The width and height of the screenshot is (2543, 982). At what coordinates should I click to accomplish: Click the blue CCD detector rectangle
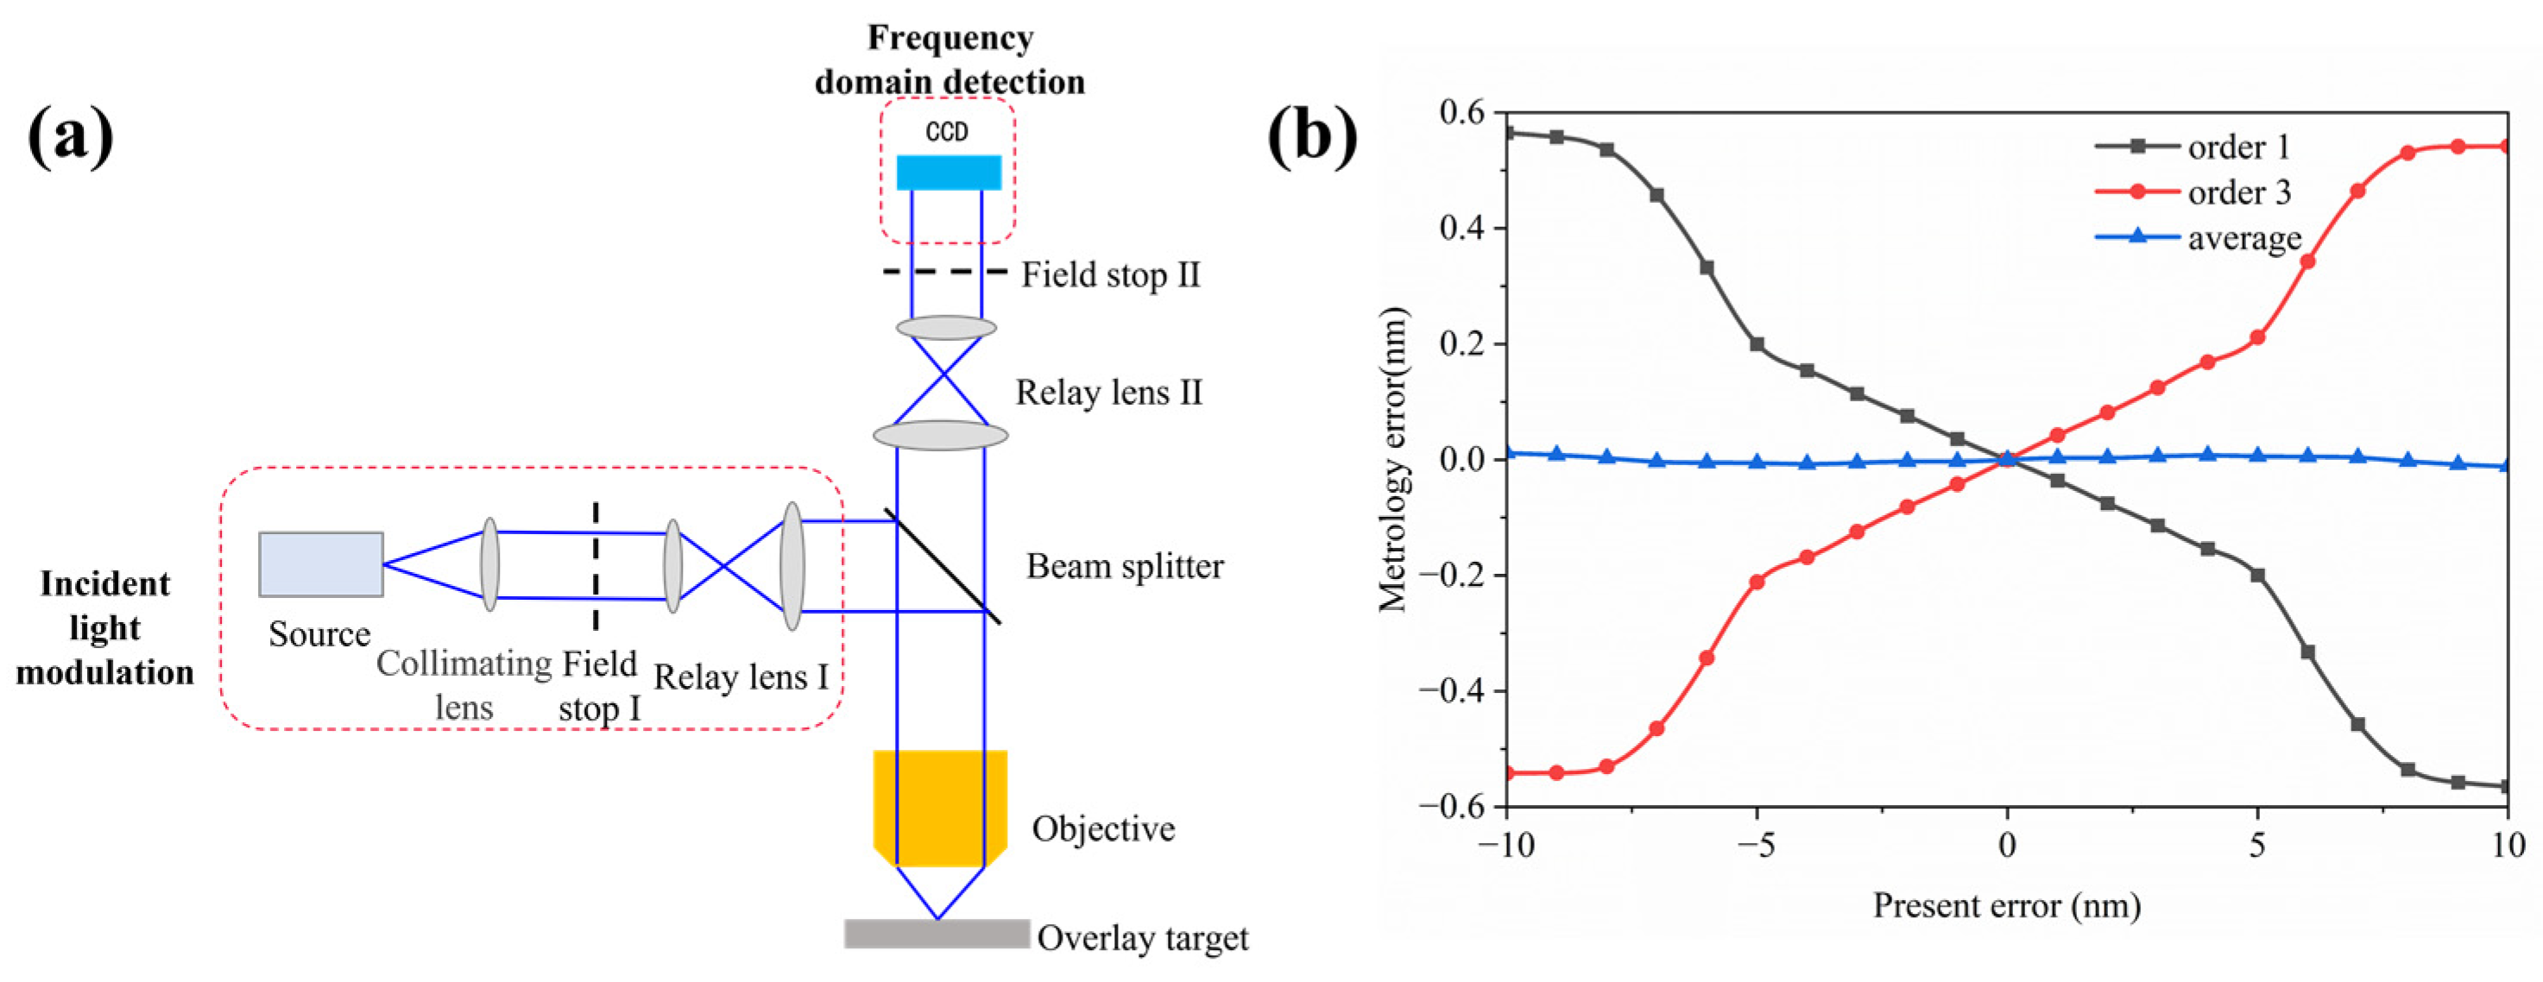click(948, 172)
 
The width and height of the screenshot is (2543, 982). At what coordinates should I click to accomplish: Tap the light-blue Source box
click(321, 564)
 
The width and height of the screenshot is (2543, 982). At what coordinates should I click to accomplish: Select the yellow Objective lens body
click(940, 804)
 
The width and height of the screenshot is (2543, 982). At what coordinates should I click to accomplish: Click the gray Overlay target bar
click(936, 934)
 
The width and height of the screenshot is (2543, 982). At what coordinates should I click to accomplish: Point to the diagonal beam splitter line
click(943, 566)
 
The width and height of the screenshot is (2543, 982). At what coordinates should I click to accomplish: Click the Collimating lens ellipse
click(489, 564)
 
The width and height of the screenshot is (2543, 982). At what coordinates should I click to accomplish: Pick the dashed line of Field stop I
click(596, 564)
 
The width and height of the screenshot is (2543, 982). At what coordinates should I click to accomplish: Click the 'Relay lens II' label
click(1108, 393)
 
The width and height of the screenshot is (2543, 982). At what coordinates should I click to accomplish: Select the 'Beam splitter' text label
click(1125, 566)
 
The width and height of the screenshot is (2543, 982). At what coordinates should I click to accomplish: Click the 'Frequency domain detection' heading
click(950, 60)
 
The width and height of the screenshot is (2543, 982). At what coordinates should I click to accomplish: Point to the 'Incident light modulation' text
click(104, 627)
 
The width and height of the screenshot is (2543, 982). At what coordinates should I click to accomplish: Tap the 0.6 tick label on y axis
click(1461, 112)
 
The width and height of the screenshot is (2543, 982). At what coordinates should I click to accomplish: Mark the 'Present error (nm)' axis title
click(2006, 906)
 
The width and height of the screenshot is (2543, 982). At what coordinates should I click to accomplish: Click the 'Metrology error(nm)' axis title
click(1393, 460)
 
